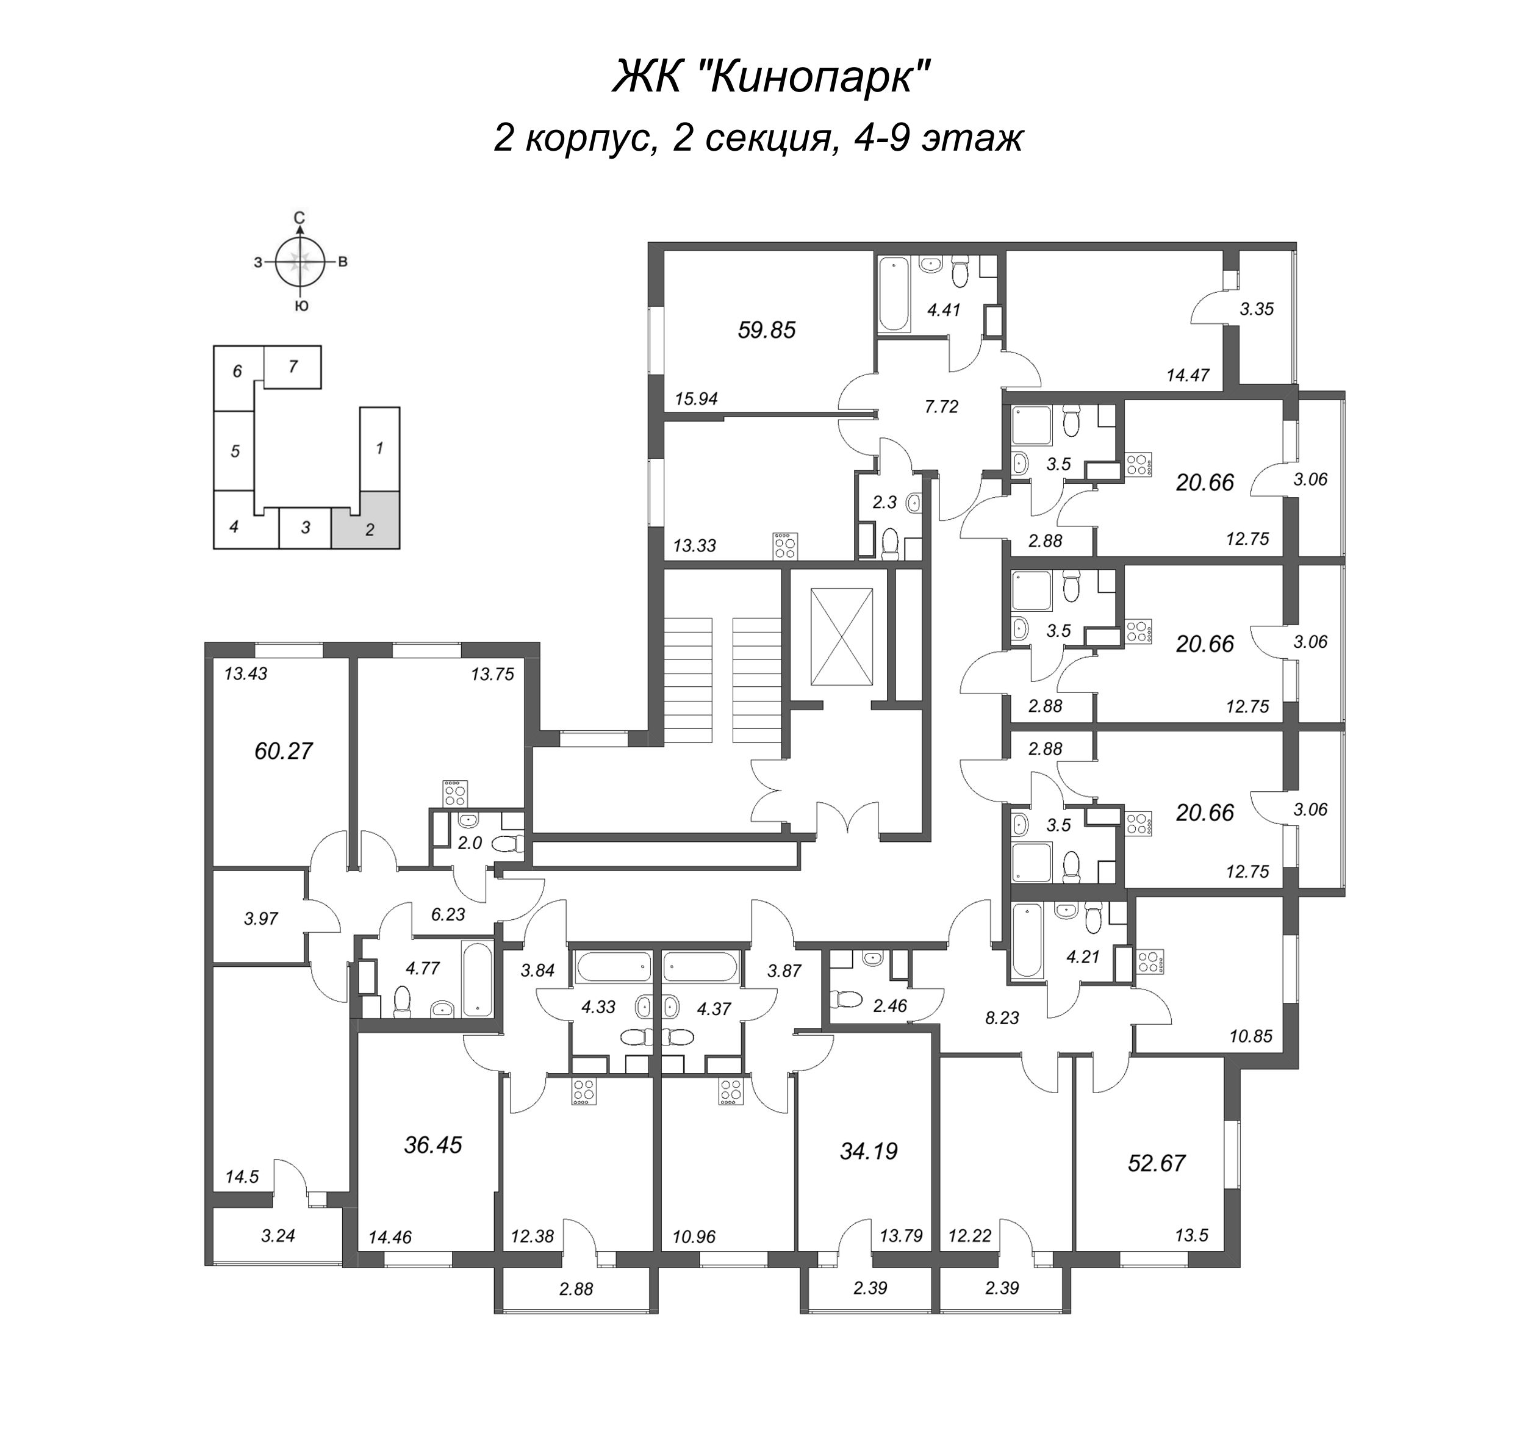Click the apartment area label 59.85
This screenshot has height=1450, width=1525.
(766, 330)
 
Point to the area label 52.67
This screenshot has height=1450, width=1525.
(1157, 1163)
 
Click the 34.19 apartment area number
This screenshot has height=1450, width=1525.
(869, 1152)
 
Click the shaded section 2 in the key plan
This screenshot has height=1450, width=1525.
(365, 520)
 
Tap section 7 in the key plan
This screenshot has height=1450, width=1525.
(292, 367)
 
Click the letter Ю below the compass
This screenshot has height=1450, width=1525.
(301, 306)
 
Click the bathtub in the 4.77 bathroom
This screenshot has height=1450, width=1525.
(477, 978)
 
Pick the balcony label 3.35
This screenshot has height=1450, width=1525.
(1257, 309)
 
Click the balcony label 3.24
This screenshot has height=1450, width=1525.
(278, 1236)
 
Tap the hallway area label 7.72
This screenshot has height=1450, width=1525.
(941, 406)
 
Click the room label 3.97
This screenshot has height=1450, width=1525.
(261, 919)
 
